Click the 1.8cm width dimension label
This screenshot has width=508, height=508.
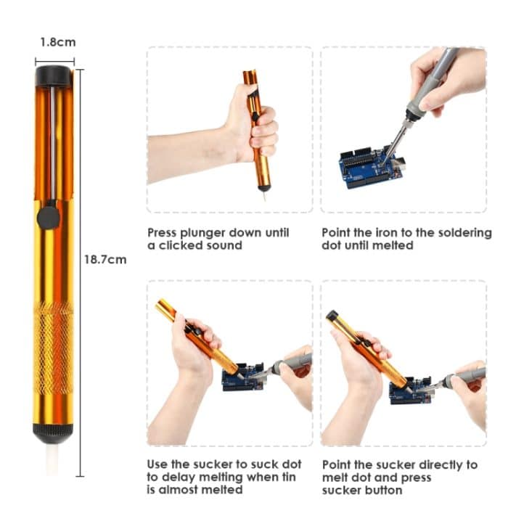pos(57,42)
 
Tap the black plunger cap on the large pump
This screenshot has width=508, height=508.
pos(54,75)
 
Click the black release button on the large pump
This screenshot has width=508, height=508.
pos(49,216)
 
